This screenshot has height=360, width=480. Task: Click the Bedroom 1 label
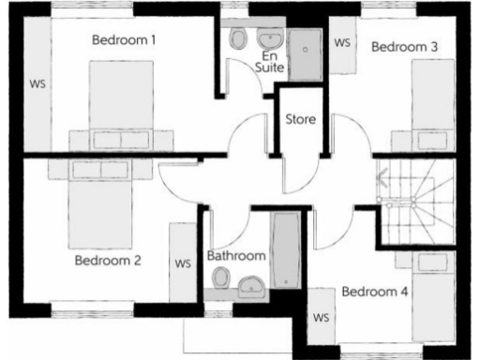tap(124, 40)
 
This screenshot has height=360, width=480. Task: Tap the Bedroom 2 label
tap(108, 261)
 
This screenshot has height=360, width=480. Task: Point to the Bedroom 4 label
tap(374, 292)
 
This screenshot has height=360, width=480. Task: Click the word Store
tap(301, 120)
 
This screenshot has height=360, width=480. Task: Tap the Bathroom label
tap(236, 255)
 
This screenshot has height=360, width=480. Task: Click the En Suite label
tap(270, 61)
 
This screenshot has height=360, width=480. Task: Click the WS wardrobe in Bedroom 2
tap(182, 262)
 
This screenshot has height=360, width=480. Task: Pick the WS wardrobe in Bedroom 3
tap(342, 43)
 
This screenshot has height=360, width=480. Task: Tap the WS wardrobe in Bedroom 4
tap(322, 318)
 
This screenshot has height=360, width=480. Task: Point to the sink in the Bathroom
tap(251, 285)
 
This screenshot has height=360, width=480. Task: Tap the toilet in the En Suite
tap(239, 38)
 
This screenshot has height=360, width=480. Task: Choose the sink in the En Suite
tap(271, 40)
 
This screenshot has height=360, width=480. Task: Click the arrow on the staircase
tap(382, 174)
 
